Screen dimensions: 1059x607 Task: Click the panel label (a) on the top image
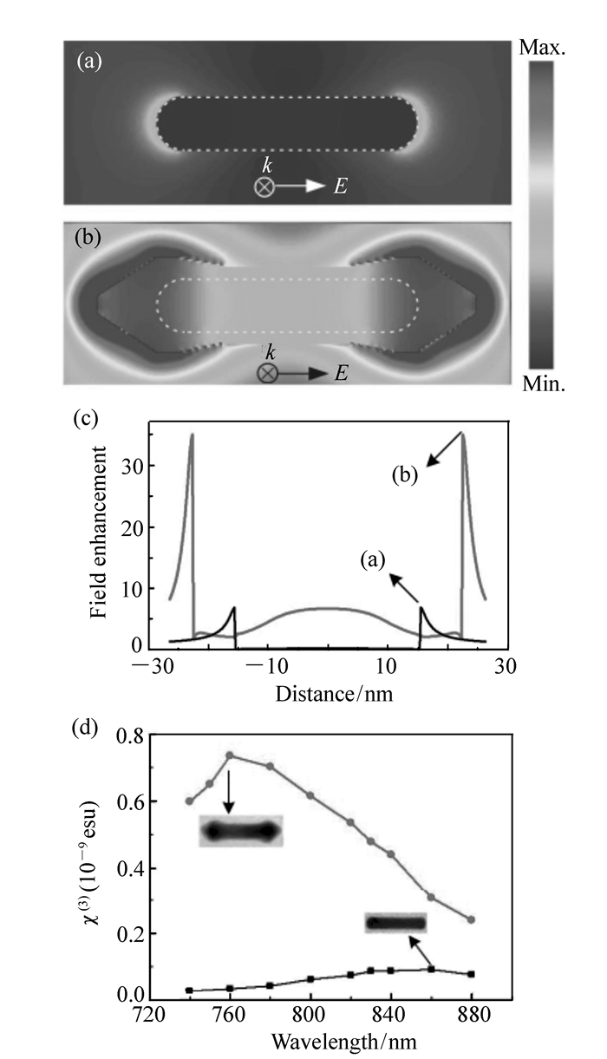click(x=88, y=62)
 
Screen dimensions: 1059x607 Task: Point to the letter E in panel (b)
click(x=342, y=373)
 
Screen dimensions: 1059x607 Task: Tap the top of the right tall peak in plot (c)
click(x=463, y=434)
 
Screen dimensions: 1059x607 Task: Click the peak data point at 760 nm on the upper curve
click(x=230, y=755)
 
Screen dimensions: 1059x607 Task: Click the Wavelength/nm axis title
click(x=329, y=1039)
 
